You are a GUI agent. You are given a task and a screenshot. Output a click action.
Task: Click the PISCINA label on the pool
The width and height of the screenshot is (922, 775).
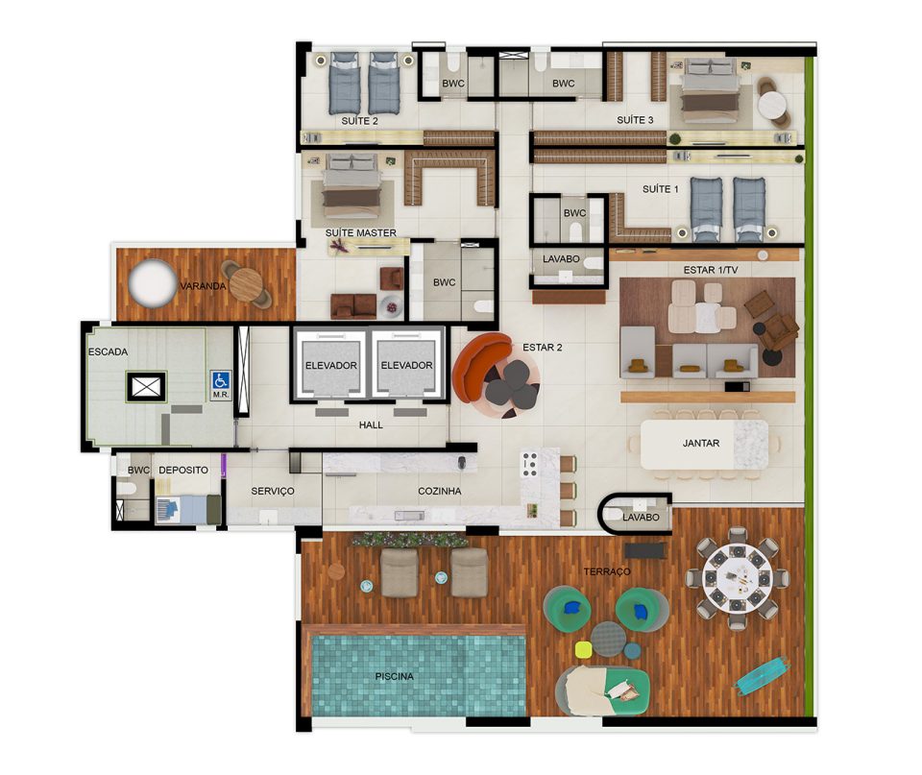pos(395,676)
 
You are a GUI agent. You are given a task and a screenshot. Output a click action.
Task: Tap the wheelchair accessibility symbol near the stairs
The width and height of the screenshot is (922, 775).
pos(221,380)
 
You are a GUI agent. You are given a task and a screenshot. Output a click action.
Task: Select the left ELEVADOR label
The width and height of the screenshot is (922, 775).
pos(331,365)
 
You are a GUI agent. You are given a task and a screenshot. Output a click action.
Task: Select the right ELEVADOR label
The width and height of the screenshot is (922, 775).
pos(406,365)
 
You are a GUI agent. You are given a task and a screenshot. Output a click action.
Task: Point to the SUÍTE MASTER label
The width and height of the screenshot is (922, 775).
pos(361,232)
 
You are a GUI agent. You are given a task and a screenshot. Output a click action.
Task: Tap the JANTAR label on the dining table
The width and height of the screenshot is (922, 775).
pos(701,443)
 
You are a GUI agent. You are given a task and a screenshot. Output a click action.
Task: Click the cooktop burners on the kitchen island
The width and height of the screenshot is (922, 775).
pos(529,464)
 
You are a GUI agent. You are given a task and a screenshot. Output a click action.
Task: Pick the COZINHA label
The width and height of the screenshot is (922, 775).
pos(439,491)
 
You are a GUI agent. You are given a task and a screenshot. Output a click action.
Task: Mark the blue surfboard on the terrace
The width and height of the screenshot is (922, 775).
pos(762,676)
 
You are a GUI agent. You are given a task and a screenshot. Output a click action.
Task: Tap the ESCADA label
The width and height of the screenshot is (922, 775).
pos(108,352)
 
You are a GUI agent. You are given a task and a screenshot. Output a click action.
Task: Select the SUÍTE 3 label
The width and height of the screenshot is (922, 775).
pos(635,120)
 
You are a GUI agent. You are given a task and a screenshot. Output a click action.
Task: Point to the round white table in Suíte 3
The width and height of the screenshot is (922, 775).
pos(772,107)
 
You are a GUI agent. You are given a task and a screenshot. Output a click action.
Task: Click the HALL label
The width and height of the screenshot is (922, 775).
pos(371,424)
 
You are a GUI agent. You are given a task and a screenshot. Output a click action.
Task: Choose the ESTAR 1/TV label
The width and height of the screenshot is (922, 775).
pos(711,270)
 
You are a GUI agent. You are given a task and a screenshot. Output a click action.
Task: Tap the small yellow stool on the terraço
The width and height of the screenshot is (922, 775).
pos(583,649)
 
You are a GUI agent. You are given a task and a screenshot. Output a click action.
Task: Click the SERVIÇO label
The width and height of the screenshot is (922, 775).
pos(272,491)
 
